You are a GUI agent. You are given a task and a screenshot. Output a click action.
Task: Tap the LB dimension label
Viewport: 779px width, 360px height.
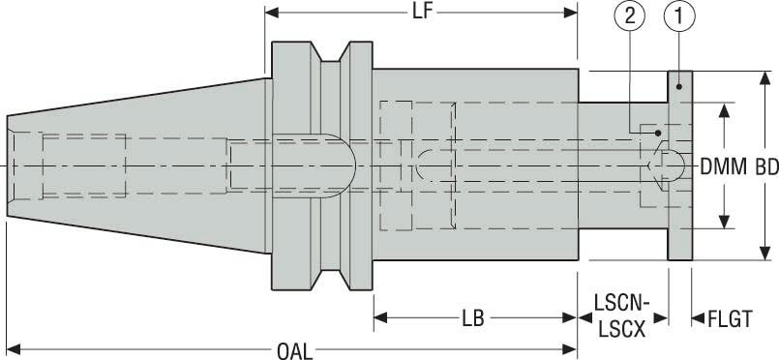(473, 317)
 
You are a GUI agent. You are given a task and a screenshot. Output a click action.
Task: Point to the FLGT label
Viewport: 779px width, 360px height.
(729, 317)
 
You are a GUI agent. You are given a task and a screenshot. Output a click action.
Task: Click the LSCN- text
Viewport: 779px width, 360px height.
(618, 304)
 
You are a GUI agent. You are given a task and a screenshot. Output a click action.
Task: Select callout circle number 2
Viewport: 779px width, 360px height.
(629, 15)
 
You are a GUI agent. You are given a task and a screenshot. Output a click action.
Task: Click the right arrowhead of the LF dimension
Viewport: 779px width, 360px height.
(571, 13)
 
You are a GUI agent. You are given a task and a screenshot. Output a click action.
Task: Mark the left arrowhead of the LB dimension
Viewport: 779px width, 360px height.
(380, 317)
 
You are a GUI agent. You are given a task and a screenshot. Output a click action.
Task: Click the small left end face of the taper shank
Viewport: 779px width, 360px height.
(10, 167)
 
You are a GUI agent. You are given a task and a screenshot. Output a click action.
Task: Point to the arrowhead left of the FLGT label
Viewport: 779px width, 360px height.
(696, 317)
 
